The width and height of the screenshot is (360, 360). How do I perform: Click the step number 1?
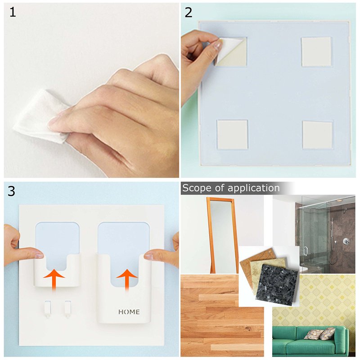click(x=13, y=13)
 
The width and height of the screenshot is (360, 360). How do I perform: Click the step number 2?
click(x=188, y=13)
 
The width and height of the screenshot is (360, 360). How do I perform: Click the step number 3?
click(x=12, y=191)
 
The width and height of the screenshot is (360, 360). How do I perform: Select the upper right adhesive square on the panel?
click(x=316, y=52)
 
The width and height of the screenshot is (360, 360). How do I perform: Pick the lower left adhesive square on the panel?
click(x=232, y=135)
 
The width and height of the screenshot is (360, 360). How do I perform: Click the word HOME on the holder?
click(x=129, y=312)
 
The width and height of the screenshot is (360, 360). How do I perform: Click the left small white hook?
click(x=48, y=309)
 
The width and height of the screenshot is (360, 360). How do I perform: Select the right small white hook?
click(x=68, y=309)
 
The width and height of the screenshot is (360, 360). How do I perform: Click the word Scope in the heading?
click(x=197, y=188)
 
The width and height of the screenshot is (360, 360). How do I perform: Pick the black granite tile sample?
click(x=277, y=285)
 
